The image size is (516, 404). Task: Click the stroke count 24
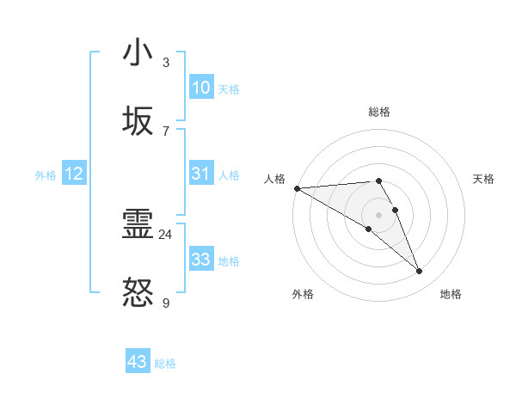(x=166, y=235)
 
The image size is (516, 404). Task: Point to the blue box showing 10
(x=200, y=88)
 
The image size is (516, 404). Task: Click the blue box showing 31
(x=200, y=174)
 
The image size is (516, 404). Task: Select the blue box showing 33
(x=200, y=260)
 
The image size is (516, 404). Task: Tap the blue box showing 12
(x=73, y=174)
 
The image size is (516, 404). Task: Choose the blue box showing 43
(x=137, y=362)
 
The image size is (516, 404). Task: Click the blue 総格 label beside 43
(x=165, y=364)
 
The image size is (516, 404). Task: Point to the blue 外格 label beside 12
(x=46, y=175)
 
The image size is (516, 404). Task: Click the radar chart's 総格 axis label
(x=379, y=112)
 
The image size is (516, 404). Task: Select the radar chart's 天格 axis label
(x=484, y=179)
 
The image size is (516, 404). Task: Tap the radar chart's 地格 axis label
(x=451, y=294)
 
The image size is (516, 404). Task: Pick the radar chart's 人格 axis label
(x=274, y=179)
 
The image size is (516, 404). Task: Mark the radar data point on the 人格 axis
(x=297, y=188)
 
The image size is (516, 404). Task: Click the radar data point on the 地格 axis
(x=420, y=271)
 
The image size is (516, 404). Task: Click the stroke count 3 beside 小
(x=166, y=62)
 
